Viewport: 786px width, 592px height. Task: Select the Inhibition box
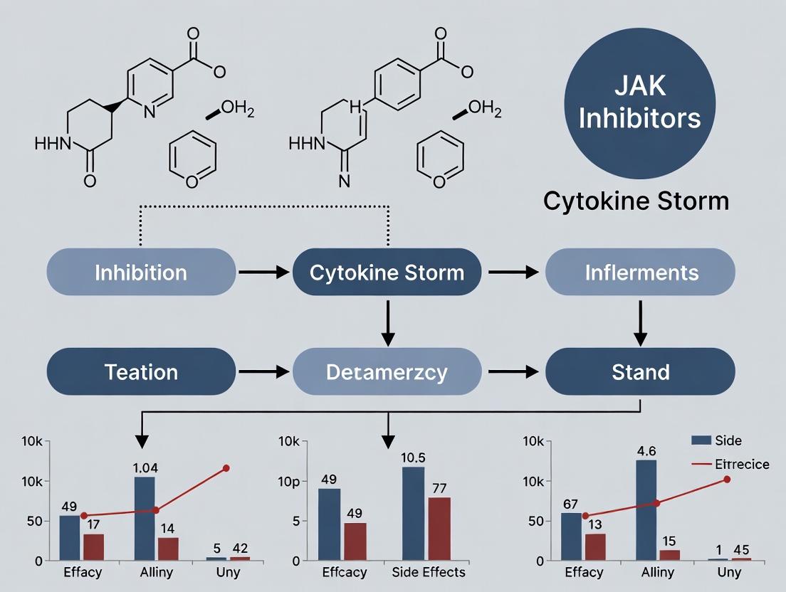[141, 273]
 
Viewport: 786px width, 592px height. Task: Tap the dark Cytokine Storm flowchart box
[387, 273]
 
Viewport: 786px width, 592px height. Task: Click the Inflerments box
[640, 273]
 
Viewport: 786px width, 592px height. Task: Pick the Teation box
[141, 371]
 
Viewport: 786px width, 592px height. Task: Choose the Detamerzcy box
[387, 371]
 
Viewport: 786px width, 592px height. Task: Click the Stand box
[640, 371]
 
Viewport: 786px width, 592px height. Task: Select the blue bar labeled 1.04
[145, 518]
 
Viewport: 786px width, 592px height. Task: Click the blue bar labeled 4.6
[646, 509]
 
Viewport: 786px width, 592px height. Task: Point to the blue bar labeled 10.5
[413, 513]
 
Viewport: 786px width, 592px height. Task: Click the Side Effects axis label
[429, 572]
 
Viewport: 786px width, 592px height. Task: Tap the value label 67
[570, 504]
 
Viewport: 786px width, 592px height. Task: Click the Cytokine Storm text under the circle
[636, 201]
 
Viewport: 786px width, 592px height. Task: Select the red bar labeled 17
[93, 546]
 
